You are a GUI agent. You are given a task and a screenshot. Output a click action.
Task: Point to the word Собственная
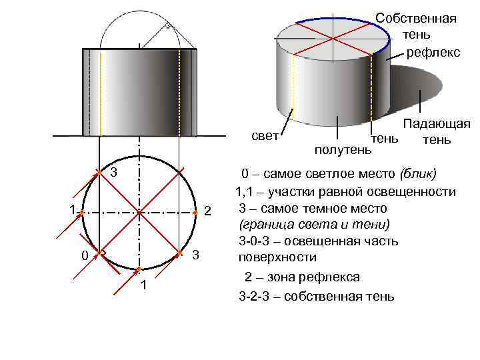(416, 18)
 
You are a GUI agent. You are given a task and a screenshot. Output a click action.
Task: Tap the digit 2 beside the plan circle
(207, 212)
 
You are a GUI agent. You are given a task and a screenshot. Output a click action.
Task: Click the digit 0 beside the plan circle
(84, 256)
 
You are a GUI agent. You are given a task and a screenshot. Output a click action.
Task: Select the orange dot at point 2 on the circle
(195, 213)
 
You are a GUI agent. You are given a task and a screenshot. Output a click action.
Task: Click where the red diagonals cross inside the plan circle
(139, 213)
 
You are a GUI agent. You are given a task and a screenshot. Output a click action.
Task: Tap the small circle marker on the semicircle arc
(167, 27)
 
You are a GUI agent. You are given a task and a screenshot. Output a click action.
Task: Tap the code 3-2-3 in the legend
(254, 296)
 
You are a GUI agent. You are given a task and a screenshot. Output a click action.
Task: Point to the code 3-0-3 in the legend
(254, 241)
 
